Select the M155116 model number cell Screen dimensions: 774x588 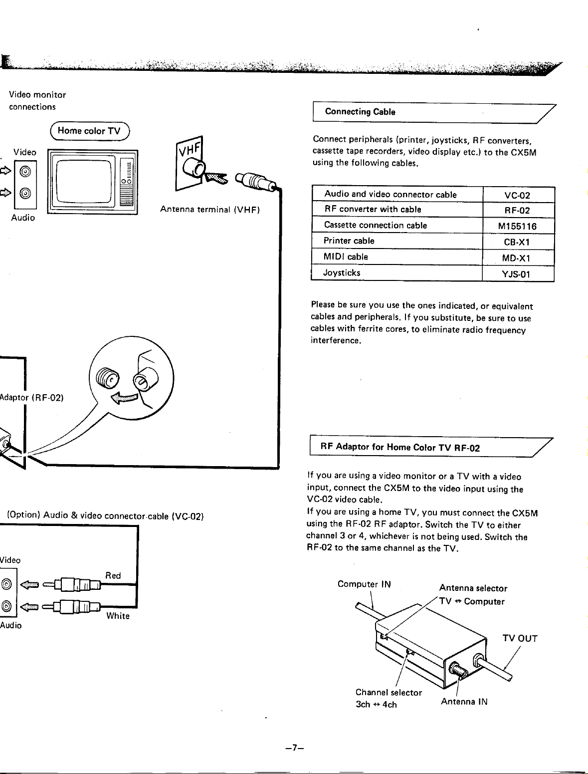click(x=517, y=227)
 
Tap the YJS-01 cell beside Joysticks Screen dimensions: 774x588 click(x=517, y=274)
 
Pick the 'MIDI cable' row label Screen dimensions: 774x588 click(x=346, y=257)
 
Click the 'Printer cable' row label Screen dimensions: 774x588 click(x=349, y=241)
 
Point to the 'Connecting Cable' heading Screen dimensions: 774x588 click(x=360, y=112)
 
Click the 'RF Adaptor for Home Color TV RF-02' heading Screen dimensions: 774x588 click(x=399, y=447)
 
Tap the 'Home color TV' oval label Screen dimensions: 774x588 click(x=89, y=131)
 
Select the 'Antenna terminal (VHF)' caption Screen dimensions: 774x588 click(x=209, y=210)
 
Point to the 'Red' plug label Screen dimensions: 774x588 click(x=113, y=575)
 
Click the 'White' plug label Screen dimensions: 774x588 click(x=118, y=616)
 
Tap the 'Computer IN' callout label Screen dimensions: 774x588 click(x=364, y=584)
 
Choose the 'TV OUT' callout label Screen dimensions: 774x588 click(x=520, y=638)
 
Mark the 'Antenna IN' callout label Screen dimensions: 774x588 click(x=464, y=702)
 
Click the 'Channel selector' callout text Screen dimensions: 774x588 click(x=389, y=692)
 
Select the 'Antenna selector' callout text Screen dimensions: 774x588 click(x=473, y=588)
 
